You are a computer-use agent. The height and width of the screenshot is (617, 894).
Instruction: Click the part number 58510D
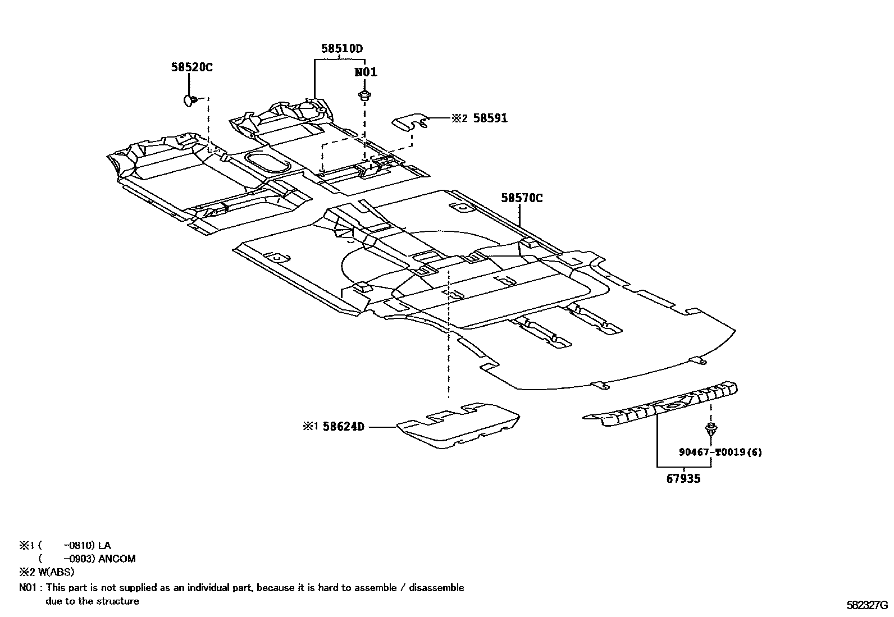pos(341,49)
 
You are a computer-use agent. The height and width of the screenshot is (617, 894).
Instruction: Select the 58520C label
pos(192,67)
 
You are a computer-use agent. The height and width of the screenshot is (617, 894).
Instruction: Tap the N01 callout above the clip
pos(366,72)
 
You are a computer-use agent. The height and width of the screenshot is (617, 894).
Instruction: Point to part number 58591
pos(490,118)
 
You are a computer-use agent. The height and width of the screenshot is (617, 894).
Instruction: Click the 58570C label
pos(522,198)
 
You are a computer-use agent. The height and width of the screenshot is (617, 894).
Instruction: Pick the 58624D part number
pos(343,427)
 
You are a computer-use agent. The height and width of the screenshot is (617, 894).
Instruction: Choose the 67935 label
pos(683,479)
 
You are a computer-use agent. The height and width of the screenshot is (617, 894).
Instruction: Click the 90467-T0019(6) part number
pos(720,453)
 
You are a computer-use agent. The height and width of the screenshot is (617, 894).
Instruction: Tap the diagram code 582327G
pos(867,606)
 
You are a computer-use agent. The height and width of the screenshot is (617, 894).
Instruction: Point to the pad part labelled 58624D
pos(458,426)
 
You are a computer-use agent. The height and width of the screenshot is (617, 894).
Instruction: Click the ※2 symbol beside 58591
pos(459,118)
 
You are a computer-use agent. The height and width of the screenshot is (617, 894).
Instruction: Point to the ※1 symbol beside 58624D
pos(311,427)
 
